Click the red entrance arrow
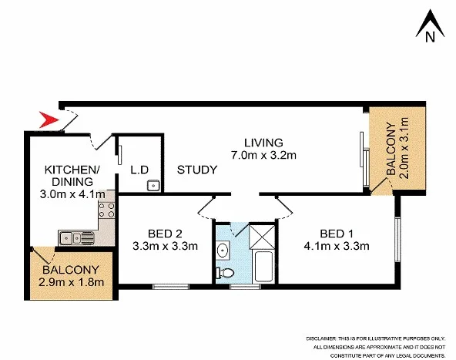click(49, 119)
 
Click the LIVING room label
click(263, 143)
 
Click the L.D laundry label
click(139, 170)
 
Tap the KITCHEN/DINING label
click(71, 175)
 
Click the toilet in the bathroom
click(225, 273)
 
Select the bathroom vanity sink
click(223, 249)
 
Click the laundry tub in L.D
click(153, 185)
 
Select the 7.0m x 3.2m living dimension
click(263, 156)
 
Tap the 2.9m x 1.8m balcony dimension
click(71, 284)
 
